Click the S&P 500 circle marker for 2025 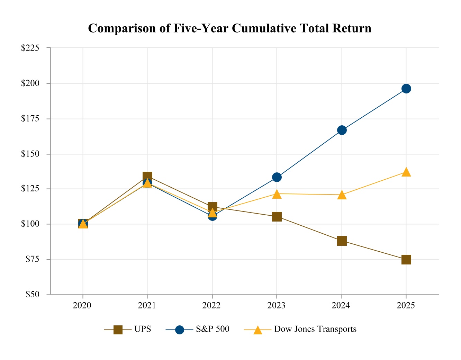(406, 89)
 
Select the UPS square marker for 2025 (406, 259)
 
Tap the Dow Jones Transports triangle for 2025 (406, 172)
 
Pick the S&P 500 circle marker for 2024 (342, 130)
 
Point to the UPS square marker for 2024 (342, 241)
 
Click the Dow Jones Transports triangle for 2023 (277, 194)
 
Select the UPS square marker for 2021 (147, 177)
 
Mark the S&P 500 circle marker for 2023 (277, 177)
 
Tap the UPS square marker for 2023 (277, 217)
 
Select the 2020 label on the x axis (82, 305)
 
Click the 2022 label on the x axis (212, 305)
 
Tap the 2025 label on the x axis (406, 305)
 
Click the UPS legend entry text (143, 329)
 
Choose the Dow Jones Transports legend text (315, 329)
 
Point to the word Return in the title (354, 28)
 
